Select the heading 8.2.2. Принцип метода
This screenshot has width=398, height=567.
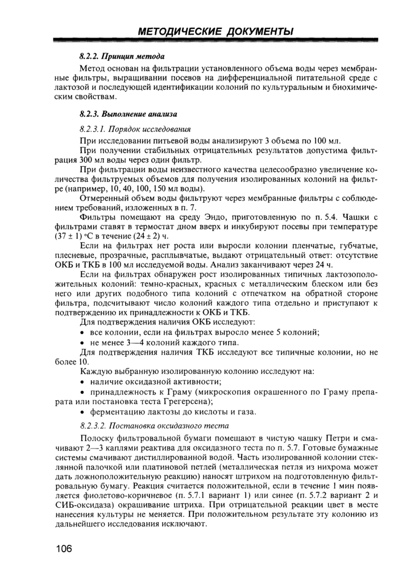(x=122, y=57)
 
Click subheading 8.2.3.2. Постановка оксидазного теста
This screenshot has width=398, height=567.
(x=154, y=425)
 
